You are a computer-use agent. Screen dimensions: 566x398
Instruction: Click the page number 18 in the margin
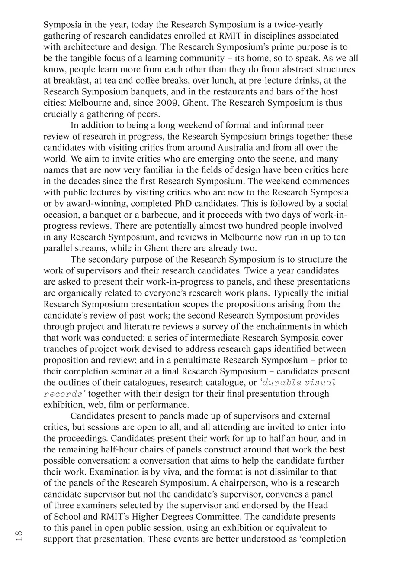(x=19, y=536)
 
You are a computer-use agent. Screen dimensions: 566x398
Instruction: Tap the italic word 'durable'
(x=282, y=383)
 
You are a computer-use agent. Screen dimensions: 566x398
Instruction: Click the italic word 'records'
(x=63, y=394)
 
